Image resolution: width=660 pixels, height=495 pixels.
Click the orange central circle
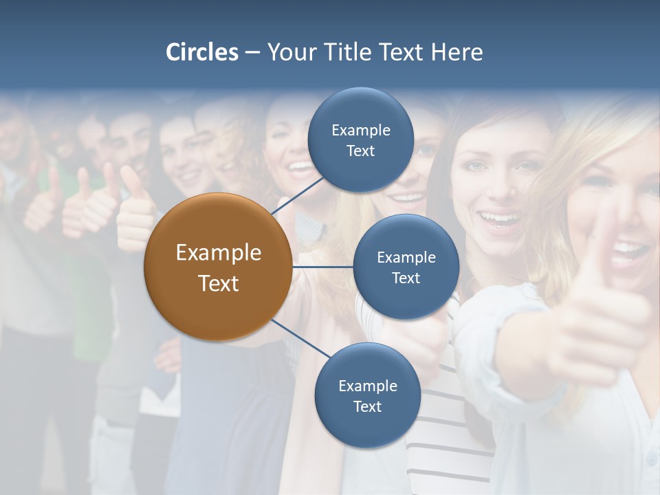pos(219,267)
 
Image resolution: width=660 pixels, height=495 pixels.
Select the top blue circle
pos(360,140)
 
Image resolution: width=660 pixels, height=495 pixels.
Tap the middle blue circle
pos(406,267)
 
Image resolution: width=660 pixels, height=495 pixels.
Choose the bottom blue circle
pos(367,395)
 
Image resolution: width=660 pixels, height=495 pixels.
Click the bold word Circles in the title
pos(202,52)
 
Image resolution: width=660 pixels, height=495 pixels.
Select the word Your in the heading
pos(289,52)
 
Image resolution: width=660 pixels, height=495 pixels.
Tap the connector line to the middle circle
pos(322,267)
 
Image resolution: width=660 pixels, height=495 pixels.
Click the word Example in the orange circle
pos(219,252)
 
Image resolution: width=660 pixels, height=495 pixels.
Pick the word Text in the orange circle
pos(219,283)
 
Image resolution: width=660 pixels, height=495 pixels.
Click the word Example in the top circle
pos(360,130)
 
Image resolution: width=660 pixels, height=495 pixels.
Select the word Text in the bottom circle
pos(367,406)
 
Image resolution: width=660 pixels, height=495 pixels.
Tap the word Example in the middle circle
pos(406,257)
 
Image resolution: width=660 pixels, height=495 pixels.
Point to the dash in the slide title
pos(252,52)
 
